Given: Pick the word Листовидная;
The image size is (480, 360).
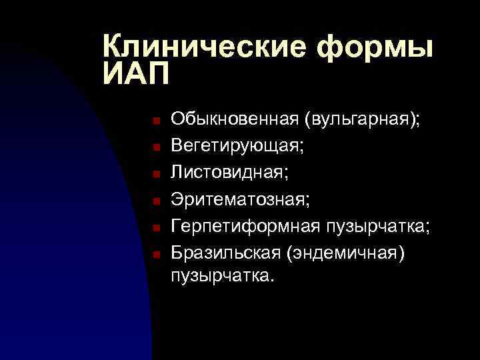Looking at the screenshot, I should click(x=230, y=172).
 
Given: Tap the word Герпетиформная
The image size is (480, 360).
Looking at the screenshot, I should click(x=246, y=226).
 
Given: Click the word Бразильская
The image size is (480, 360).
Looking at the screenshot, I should click(x=226, y=252).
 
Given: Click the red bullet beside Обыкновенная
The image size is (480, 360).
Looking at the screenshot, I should click(x=153, y=121).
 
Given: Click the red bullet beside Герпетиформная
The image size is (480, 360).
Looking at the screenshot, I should click(x=153, y=227).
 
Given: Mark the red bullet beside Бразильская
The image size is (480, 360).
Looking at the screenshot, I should click(x=153, y=254).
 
